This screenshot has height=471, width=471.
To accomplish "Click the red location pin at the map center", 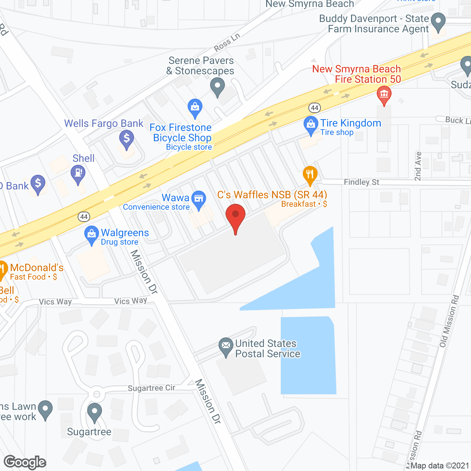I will pyautogui.click(x=235, y=215).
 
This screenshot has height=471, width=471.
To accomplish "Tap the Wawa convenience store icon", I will pyautogui.click(x=199, y=199).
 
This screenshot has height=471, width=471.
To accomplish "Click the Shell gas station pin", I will pyautogui.click(x=78, y=173).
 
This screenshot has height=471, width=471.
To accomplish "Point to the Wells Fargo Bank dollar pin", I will pyautogui.click(x=127, y=139).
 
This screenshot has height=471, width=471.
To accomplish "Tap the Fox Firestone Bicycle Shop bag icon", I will pyautogui.click(x=195, y=107).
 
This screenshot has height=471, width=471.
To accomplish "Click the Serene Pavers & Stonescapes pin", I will pyautogui.click(x=217, y=87).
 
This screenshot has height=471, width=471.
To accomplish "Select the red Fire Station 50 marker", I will pyautogui.click(x=384, y=95).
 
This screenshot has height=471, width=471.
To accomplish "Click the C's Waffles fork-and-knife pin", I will pyautogui.click(x=310, y=174).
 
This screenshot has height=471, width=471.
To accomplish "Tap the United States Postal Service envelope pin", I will pyautogui.click(x=226, y=346).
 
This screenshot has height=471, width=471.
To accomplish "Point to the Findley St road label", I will pyautogui.click(x=361, y=182).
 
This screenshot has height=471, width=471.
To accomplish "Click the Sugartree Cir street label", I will pyautogui.click(x=152, y=388).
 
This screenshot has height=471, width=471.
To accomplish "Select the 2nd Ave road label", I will pyautogui.click(x=418, y=166).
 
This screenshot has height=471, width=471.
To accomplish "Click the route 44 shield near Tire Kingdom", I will pyautogui.click(x=314, y=108).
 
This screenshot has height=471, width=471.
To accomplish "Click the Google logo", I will pyautogui.click(x=25, y=462).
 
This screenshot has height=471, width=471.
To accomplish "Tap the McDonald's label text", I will pyautogui.click(x=37, y=268).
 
